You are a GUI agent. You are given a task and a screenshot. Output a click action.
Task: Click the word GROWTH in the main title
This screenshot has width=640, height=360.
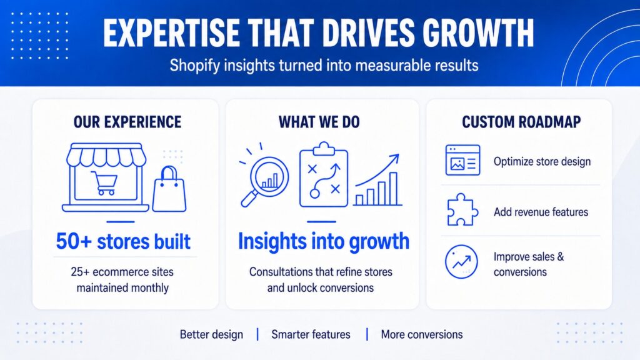pyautogui.click(x=478, y=32)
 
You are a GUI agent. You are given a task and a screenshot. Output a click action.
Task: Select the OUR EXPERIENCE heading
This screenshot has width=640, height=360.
pyautogui.click(x=127, y=122)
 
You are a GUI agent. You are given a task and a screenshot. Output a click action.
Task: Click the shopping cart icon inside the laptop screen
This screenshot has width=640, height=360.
pyautogui.click(x=104, y=182)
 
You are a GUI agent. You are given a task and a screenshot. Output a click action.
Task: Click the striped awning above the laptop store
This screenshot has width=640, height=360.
pyautogui.click(x=106, y=154)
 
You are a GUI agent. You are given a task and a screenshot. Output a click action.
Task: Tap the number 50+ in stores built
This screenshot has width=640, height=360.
pyautogui.click(x=74, y=241)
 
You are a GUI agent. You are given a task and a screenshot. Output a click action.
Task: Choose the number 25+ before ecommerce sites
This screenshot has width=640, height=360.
pyautogui.click(x=80, y=272)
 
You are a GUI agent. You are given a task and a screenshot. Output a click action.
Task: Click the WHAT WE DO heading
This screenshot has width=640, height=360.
pyautogui.click(x=319, y=122)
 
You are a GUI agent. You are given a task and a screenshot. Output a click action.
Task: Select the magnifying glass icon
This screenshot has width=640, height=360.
pyautogui.click(x=264, y=178)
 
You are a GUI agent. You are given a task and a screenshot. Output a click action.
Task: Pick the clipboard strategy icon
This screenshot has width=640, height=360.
pyautogui.click(x=324, y=175)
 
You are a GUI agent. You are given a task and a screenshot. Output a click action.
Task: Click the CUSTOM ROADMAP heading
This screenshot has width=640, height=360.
pyautogui.click(x=521, y=122)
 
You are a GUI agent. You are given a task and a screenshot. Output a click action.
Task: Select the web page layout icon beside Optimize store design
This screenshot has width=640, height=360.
pyautogui.click(x=463, y=161)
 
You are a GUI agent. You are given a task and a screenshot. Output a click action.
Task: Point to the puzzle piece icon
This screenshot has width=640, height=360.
pyautogui.click(x=462, y=210)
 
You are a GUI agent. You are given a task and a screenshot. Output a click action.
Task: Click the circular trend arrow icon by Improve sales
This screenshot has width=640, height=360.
pyautogui.click(x=461, y=262)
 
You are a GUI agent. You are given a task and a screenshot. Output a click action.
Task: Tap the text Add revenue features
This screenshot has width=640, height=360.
pyautogui.click(x=541, y=212)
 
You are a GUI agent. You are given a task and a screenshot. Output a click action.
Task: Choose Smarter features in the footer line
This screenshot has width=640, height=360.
pyautogui.click(x=311, y=335)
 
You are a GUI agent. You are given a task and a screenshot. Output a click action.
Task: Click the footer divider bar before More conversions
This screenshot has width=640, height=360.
pyautogui.click(x=367, y=334)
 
